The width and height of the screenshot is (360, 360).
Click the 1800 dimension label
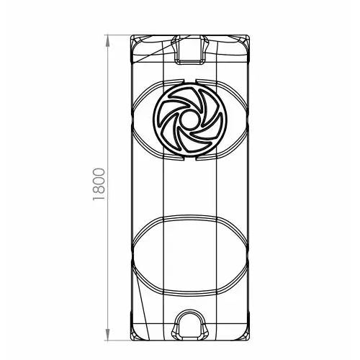pyautogui.click(x=99, y=184)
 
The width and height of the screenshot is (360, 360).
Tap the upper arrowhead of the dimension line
pyautogui.click(x=107, y=40)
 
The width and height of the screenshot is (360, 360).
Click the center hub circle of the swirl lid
pyautogui.click(x=189, y=120)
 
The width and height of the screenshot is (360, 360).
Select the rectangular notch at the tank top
pyautogui.click(x=189, y=50)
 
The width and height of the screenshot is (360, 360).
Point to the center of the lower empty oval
pyautogui.click(x=189, y=256)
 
